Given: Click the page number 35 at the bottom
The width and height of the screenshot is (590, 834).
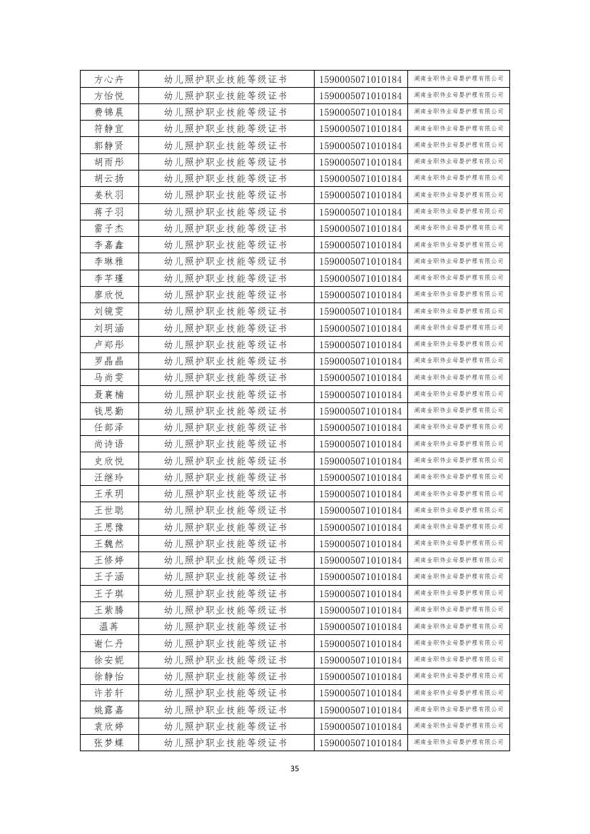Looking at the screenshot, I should pyautogui.click(x=295, y=768).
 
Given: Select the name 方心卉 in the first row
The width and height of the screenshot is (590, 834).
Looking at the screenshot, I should pyautogui.click(x=108, y=79).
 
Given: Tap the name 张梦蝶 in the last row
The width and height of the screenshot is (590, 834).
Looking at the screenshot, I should pyautogui.click(x=108, y=743).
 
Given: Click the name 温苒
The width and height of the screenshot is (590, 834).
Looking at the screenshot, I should pyautogui.click(x=108, y=626).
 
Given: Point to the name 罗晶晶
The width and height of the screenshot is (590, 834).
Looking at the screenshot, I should pyautogui.click(x=108, y=361).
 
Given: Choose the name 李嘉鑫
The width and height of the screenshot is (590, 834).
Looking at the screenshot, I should pyautogui.click(x=108, y=245).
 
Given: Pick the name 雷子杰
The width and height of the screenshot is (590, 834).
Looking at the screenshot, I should pyautogui.click(x=108, y=228).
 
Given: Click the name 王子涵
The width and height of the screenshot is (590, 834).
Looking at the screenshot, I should pyautogui.click(x=108, y=576).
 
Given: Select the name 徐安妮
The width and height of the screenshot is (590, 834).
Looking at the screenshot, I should pyautogui.click(x=108, y=660).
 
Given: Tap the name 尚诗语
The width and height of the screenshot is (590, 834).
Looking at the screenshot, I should pyautogui.click(x=108, y=444).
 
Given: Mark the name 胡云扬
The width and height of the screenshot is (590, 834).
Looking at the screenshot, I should pyautogui.click(x=108, y=178).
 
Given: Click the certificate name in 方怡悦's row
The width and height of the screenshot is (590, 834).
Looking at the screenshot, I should pyautogui.click(x=225, y=96).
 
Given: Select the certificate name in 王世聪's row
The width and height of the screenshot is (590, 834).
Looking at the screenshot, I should pyautogui.click(x=225, y=510).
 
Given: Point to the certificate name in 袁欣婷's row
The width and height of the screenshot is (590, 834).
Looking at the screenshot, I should pyautogui.click(x=225, y=726).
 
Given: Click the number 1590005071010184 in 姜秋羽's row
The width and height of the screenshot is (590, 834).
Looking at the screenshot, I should pyautogui.click(x=360, y=195).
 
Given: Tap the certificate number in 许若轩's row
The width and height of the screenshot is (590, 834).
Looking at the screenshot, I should pyautogui.click(x=360, y=693).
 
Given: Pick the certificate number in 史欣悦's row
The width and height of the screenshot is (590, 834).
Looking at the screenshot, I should pyautogui.click(x=360, y=461).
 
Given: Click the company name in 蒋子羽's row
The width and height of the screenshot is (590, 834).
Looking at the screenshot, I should pyautogui.click(x=458, y=211).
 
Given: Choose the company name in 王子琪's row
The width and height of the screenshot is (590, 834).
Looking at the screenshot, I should pyautogui.click(x=458, y=593).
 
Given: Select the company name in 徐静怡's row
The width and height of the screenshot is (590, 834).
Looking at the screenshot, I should pyautogui.click(x=458, y=676).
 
